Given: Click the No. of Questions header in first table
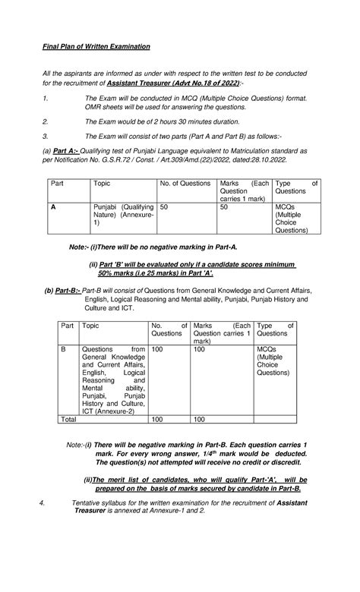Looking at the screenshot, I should (x=185, y=183).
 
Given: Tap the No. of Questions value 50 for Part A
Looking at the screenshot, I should (x=165, y=206).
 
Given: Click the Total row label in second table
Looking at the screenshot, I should (x=69, y=418).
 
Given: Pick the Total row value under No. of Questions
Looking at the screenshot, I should (x=158, y=418).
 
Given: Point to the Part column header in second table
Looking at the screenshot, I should (x=68, y=324).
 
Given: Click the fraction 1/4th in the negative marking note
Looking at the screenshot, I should (x=204, y=452).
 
